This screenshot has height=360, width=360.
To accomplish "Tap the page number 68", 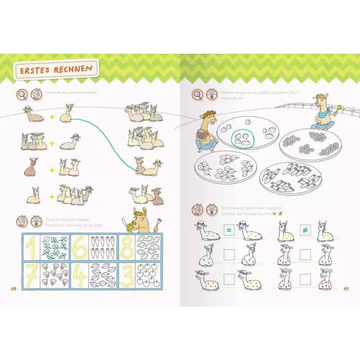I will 13,289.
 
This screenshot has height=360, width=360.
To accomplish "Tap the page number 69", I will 346,289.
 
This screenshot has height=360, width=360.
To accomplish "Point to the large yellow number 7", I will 31,275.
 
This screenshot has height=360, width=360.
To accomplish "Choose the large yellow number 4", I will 79,275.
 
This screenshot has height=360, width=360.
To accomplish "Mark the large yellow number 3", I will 127,275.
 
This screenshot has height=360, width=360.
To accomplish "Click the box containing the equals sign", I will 229,230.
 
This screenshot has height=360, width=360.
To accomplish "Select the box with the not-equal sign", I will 305,230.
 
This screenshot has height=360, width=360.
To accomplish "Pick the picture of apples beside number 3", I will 148,275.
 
